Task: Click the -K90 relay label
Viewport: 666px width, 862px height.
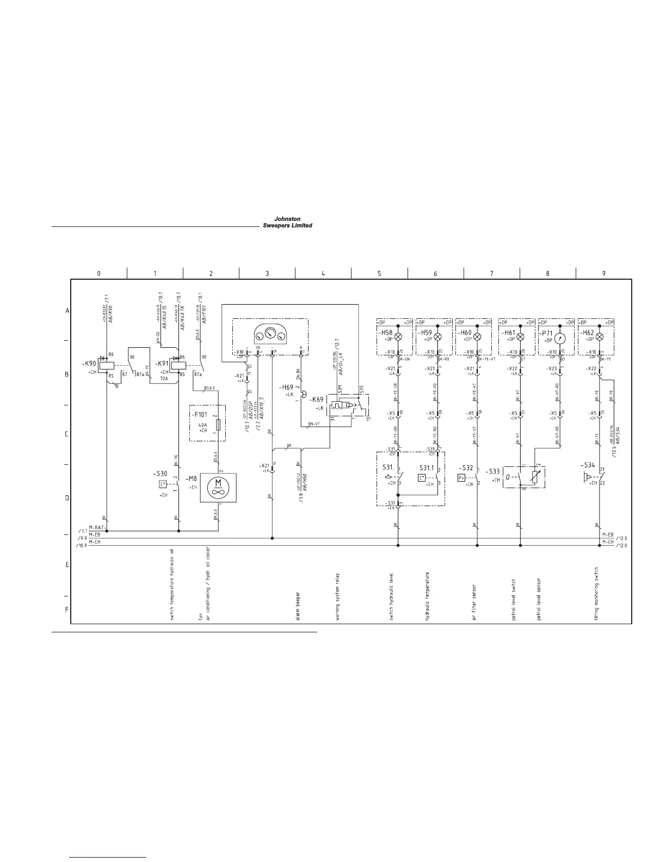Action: (x=89, y=363)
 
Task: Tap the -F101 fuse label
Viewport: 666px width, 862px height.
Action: (x=199, y=414)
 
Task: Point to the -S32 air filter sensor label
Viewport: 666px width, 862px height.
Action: (x=466, y=468)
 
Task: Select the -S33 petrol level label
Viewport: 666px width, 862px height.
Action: (x=493, y=471)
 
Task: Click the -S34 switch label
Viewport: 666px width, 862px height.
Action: (x=588, y=465)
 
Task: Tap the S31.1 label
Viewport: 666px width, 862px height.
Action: (x=428, y=468)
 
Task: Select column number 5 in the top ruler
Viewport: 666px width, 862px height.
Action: (x=379, y=274)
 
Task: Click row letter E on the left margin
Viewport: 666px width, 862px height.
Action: (x=67, y=565)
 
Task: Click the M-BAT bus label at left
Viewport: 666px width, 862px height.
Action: (x=96, y=527)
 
